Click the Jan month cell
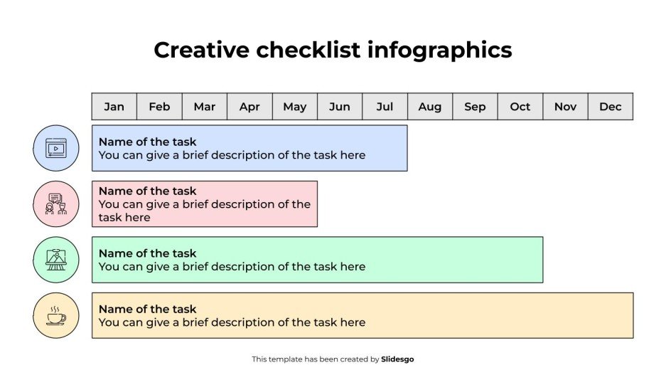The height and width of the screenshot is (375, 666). pos(114,107)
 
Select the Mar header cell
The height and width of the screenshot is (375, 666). pos(204,107)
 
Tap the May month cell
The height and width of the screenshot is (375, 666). pos(294,107)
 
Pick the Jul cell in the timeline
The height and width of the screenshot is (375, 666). pos(385,107)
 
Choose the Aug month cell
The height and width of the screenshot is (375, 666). pos(429,107)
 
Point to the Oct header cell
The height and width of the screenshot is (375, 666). pos(520,107)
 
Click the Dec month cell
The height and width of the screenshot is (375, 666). pos(610,107)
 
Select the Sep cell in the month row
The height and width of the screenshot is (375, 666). pos(475,107)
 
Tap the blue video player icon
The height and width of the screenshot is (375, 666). pos(55,148)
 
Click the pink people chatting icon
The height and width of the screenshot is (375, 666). pos(55,204)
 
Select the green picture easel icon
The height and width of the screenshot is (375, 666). pos(55,259)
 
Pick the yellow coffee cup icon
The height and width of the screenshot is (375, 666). pos(55,315)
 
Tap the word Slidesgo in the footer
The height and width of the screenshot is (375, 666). pos(397,359)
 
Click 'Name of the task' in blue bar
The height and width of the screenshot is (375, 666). pos(147,142)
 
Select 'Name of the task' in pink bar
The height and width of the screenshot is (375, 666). pos(147,191)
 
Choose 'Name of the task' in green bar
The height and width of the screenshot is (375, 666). pos(147,253)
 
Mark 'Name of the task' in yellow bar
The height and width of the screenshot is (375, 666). pos(147,309)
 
